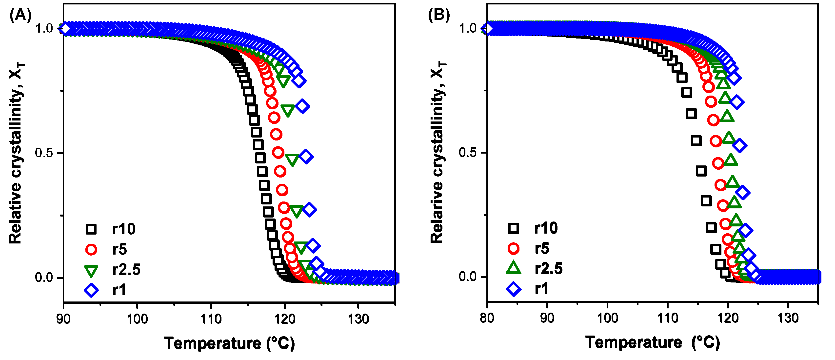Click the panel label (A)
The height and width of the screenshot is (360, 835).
click(x=20, y=15)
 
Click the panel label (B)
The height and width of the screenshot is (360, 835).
click(x=439, y=15)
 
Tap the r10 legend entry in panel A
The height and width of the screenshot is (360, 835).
click(x=123, y=229)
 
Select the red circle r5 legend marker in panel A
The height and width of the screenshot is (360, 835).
click(x=91, y=249)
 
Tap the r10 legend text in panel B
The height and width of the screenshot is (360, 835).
click(x=546, y=228)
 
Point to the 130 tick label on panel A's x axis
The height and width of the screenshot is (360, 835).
click(x=358, y=319)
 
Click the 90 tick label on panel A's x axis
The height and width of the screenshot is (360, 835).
click(x=63, y=319)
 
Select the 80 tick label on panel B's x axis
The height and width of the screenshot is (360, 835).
click(x=487, y=318)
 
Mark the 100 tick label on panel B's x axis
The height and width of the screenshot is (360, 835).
click(x=607, y=318)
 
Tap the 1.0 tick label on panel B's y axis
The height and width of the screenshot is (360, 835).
click(x=468, y=28)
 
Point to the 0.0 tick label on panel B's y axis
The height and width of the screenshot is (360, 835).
click(x=468, y=277)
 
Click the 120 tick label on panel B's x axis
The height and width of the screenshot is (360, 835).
click(x=728, y=318)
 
